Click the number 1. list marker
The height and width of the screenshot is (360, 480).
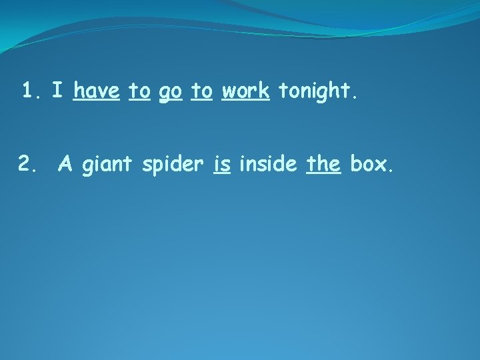tap(32, 91)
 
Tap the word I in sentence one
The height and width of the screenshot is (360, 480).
tap(58, 91)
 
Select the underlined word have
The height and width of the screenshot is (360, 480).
tap(97, 91)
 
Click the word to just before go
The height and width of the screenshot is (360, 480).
tap(139, 91)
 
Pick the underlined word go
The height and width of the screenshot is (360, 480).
tap(170, 92)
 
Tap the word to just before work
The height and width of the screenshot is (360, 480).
tap(201, 91)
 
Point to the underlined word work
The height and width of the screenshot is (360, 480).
tap(245, 91)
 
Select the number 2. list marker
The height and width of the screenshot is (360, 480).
tap(29, 162)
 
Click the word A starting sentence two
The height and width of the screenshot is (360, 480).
tap(65, 162)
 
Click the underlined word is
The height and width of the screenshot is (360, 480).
tap(221, 162)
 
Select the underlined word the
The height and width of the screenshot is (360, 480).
tap(323, 162)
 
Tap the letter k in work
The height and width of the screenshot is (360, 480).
tap(265, 90)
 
